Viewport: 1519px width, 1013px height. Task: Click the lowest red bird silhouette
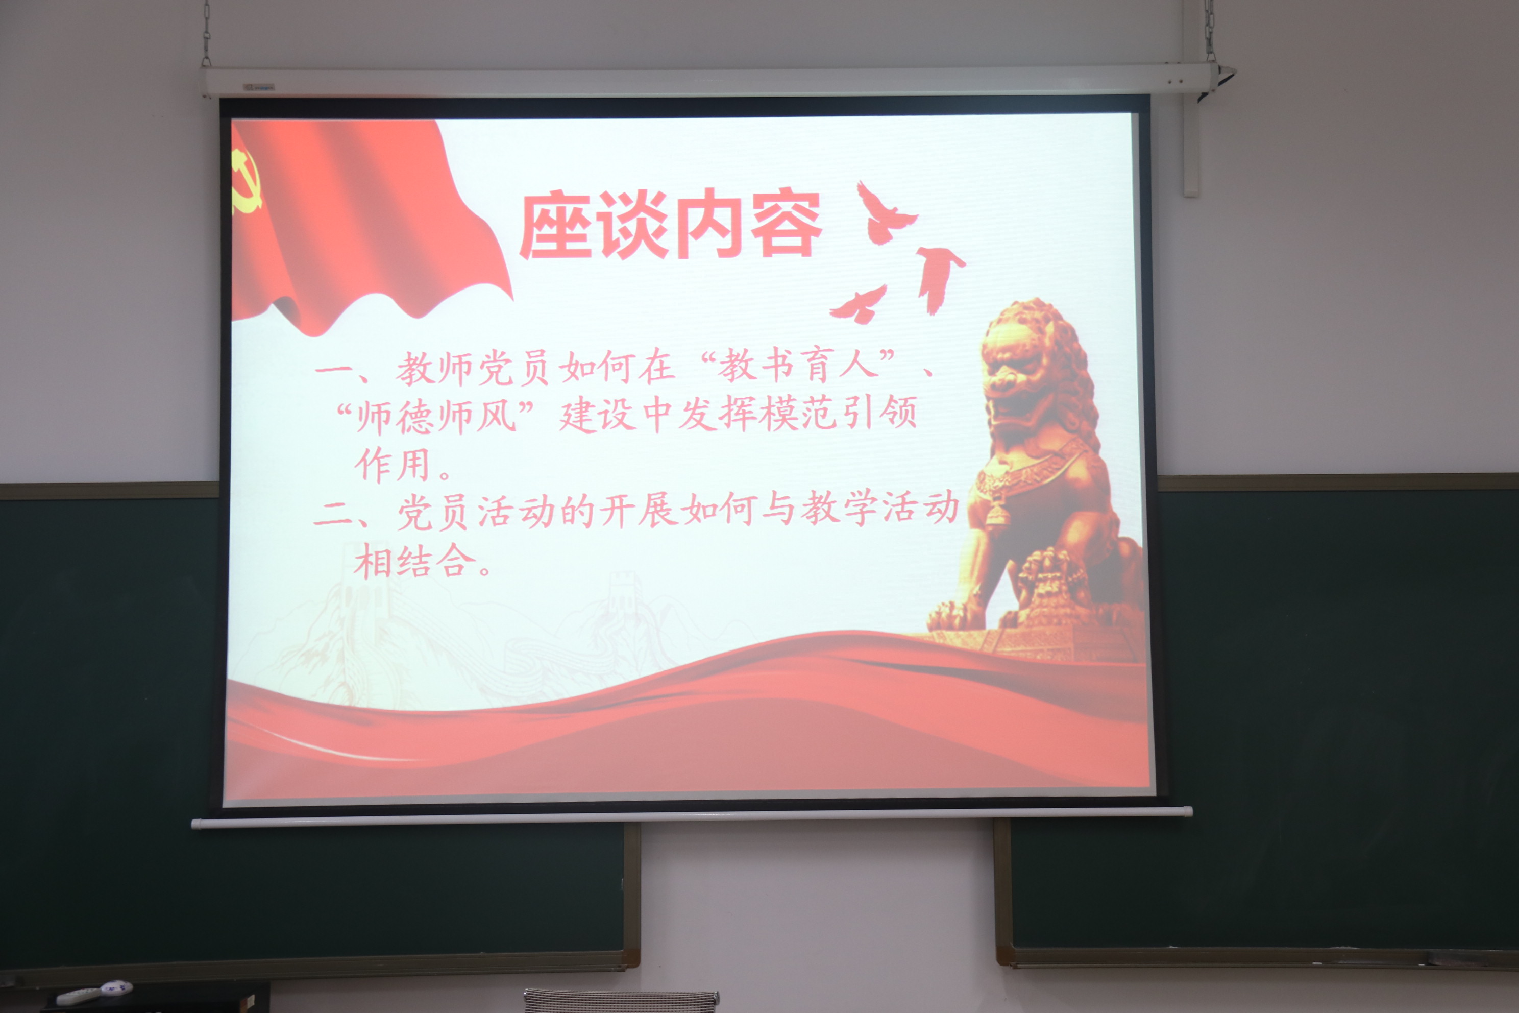click(x=860, y=305)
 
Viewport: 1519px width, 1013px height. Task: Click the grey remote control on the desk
click(x=78, y=996)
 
